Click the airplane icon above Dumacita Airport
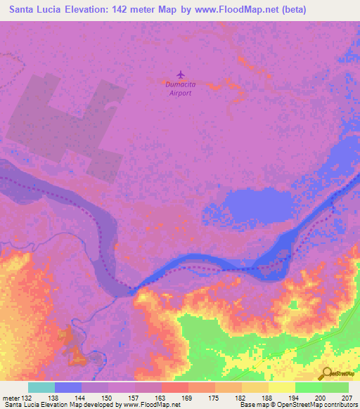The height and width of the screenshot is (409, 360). point(181,74)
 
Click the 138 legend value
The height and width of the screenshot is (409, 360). point(54,398)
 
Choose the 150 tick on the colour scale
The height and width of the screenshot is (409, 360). point(108,398)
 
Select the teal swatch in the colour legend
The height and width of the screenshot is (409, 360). point(41,387)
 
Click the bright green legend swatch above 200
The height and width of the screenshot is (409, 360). point(308,387)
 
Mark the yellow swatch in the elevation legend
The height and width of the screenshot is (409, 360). point(281,387)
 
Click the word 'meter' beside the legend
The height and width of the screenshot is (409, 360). point(11,398)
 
